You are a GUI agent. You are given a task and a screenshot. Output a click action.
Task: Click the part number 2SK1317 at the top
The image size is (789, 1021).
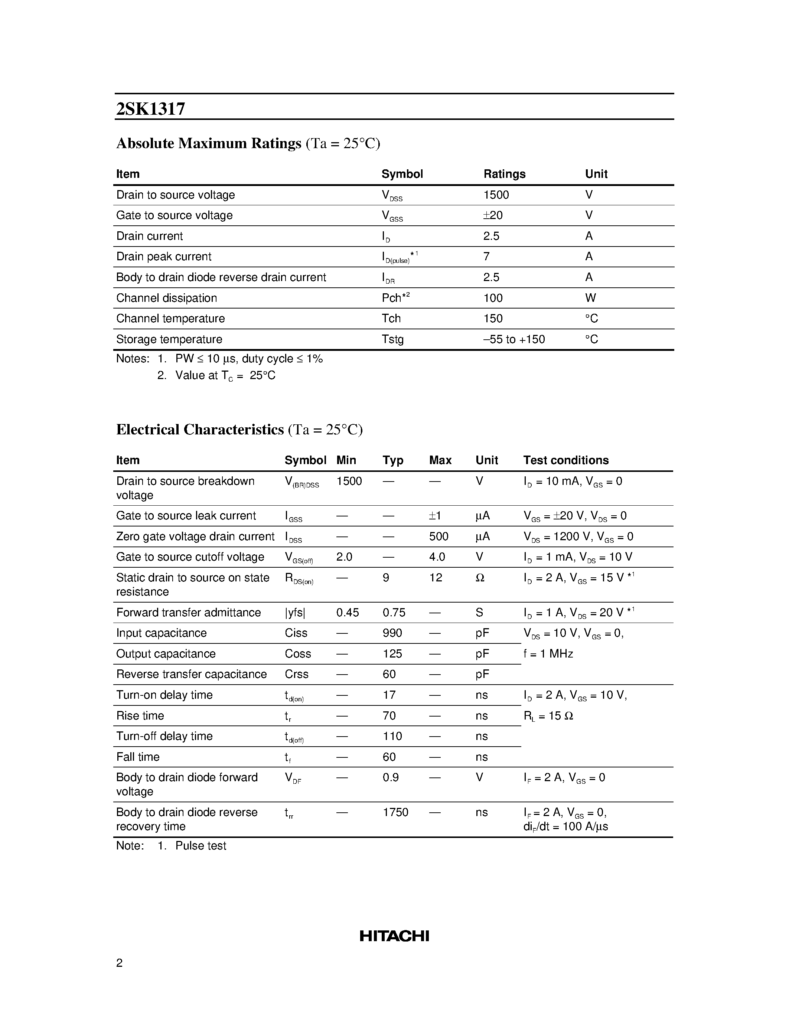point(150,109)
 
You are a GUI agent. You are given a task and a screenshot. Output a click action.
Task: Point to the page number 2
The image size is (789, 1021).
point(119,963)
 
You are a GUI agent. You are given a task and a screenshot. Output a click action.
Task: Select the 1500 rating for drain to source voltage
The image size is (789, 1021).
point(496,195)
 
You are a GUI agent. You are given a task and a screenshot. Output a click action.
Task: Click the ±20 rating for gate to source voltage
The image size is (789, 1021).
point(493,215)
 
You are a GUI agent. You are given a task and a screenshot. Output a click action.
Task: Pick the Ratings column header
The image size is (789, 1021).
point(504,174)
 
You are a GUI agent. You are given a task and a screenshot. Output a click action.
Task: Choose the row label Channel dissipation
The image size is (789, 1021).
point(166,298)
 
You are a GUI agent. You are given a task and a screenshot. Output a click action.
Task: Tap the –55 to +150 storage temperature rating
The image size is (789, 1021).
point(514,339)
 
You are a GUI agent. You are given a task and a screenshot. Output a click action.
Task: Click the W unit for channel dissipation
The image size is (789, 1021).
point(590,298)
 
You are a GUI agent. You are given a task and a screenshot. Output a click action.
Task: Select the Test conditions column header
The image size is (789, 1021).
point(565,460)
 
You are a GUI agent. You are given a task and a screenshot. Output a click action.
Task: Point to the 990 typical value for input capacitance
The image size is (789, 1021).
point(392,633)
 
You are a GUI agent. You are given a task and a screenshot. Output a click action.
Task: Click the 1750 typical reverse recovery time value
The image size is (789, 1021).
point(395,812)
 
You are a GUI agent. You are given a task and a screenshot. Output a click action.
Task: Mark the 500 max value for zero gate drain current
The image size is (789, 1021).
point(438,536)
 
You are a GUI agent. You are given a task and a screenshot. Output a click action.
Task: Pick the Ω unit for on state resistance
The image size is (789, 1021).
point(480,578)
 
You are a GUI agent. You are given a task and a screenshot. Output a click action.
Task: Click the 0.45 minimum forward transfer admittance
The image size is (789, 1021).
point(347,612)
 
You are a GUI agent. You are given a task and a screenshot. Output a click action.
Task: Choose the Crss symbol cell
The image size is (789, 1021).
point(296,674)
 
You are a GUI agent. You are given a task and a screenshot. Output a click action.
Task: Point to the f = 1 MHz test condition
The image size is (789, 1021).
point(548,653)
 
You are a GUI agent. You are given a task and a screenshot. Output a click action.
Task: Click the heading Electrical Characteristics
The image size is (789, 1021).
point(200,430)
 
